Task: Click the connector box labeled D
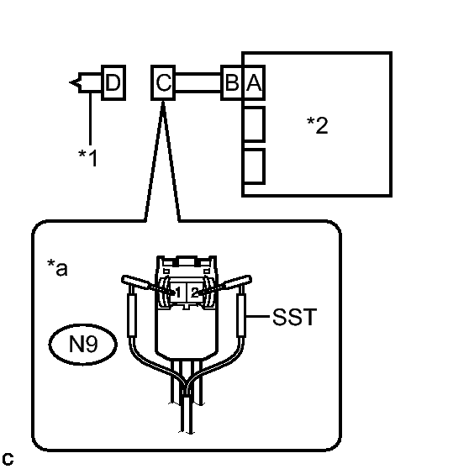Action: coord(113,82)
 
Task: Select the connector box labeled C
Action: coord(163,82)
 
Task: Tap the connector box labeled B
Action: coord(232,82)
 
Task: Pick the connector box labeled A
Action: coord(254,82)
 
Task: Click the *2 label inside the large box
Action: coord(318,125)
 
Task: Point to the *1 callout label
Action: coord(88,158)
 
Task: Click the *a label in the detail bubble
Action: coord(57,267)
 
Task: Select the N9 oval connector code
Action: coord(83,345)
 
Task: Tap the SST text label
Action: coord(295,317)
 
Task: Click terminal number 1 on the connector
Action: coord(178,292)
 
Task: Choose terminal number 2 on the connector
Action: coord(195,292)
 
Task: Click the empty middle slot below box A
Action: coord(254,124)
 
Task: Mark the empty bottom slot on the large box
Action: coord(254,166)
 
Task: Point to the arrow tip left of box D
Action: coord(70,82)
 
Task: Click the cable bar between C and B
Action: coord(198,82)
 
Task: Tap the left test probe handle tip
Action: coord(124,279)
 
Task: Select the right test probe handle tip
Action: coord(249,279)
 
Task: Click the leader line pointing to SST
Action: coord(257,316)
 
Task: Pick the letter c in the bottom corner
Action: coord(8,459)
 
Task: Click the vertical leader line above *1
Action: coord(90,119)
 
